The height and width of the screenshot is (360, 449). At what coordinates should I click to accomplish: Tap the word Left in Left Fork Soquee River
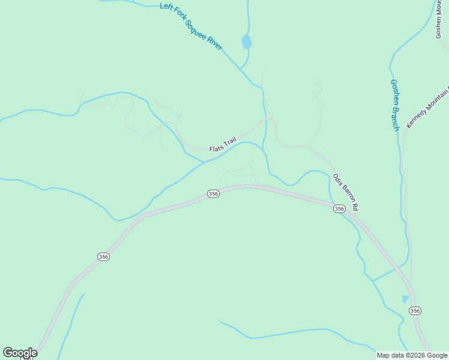[166, 7]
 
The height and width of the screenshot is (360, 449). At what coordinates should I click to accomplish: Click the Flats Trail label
[223, 145]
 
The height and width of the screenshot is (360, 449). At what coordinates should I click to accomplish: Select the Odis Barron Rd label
[346, 192]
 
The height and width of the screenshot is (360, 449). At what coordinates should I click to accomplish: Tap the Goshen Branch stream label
[394, 105]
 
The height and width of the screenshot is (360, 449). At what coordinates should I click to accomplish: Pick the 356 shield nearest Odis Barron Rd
[339, 209]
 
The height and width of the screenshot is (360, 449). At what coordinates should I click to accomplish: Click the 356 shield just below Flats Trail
[213, 194]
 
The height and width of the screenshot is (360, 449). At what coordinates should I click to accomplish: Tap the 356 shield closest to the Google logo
[103, 256]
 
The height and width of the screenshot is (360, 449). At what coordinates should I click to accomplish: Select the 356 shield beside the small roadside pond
[415, 310]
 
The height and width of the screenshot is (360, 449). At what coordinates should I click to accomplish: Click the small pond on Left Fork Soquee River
[246, 42]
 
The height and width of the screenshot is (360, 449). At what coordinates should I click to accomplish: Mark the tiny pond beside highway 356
[405, 299]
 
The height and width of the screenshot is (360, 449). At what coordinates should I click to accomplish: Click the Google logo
[20, 353]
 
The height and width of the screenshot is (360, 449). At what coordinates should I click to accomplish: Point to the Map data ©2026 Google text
[412, 355]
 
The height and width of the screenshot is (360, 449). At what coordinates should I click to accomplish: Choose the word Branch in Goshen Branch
[395, 116]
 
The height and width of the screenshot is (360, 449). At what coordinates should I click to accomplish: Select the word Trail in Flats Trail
[229, 142]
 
